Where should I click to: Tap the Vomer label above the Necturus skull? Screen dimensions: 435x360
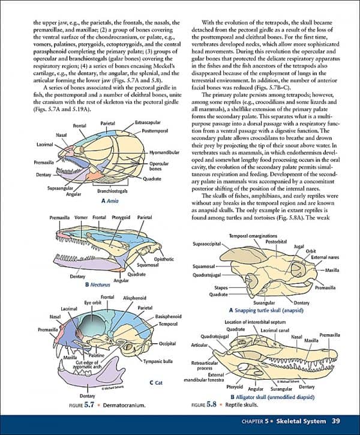click(82, 217)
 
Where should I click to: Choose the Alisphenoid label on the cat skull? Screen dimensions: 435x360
click(134, 298)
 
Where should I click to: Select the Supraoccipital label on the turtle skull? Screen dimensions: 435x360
click(207, 244)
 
